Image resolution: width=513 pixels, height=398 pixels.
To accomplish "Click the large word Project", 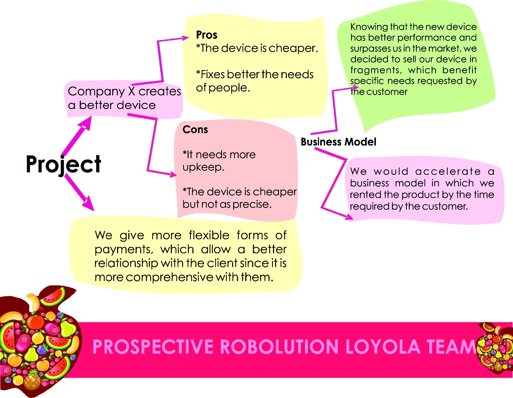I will point(63,164).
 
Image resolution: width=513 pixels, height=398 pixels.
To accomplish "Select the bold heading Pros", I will point(207,35).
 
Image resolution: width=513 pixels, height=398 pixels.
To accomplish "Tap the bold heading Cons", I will point(195,129).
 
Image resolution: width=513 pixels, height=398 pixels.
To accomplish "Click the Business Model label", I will point(338,142).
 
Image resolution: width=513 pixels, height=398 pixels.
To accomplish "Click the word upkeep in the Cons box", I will point(203,167).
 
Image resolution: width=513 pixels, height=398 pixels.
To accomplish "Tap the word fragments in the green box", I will point(375,70).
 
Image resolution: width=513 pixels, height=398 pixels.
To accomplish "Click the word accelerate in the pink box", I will point(448,172).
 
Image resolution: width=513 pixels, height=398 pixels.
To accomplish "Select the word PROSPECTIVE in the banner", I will point(153,347).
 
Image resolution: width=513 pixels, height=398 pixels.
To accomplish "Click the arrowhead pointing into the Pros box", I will point(185,38).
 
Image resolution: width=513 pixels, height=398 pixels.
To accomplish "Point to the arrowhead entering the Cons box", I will point(173,174).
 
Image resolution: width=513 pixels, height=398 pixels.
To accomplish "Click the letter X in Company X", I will point(131,91).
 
